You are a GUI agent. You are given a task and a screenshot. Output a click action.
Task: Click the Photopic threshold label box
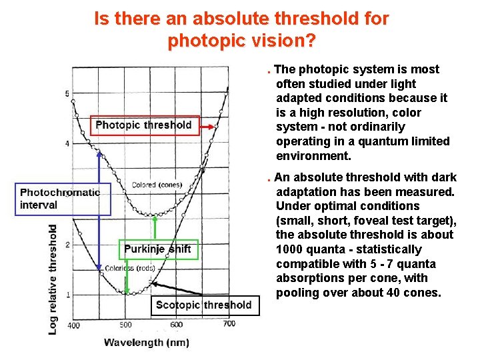(145, 125)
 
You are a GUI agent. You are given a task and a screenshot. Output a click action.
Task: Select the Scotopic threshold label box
(203, 305)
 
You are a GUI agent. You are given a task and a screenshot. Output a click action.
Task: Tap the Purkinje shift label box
(158, 249)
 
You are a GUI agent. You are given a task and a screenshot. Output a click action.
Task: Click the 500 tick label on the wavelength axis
(125, 325)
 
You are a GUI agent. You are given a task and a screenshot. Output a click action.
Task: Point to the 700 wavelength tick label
(229, 324)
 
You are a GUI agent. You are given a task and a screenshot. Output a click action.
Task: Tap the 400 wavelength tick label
(73, 325)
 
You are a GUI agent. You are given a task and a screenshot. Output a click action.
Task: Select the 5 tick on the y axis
(67, 93)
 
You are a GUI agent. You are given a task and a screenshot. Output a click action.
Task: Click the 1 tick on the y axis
(67, 295)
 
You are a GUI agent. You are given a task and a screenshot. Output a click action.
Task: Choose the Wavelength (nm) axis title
(147, 343)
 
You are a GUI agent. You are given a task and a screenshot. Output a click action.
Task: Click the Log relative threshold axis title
(53, 279)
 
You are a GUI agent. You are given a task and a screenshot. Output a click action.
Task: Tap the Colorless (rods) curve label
(130, 269)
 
